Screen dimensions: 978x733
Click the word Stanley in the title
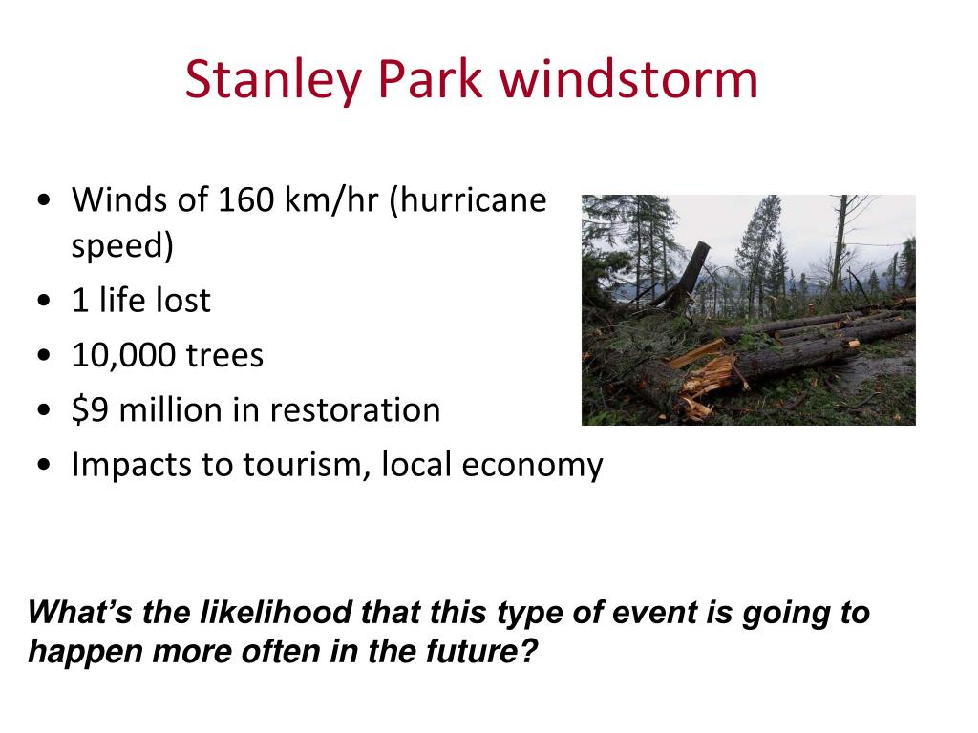coord(273,80)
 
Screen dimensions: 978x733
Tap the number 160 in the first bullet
coord(245,199)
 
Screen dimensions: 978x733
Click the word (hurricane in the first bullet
coord(468,200)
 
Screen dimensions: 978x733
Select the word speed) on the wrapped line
coord(122,245)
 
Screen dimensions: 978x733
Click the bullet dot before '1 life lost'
coord(44,301)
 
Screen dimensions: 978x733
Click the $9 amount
coord(91,410)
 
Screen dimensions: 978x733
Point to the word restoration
coord(355,410)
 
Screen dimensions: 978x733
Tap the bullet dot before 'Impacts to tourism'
coord(44,465)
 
